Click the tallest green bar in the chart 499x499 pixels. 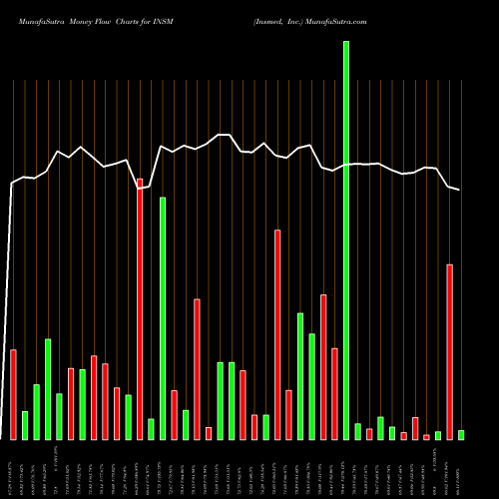pyautogui.click(x=346, y=240)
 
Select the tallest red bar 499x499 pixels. pyautogui.click(x=140, y=308)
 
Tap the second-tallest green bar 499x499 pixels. pyautogui.click(x=163, y=317)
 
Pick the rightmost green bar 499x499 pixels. pyautogui.click(x=461, y=434)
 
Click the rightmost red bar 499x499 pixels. pyautogui.click(x=450, y=351)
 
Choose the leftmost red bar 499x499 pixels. pyautogui.click(x=13, y=394)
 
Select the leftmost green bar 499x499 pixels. pyautogui.click(x=25, y=425)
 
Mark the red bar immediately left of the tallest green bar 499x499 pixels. pyautogui.click(x=334, y=393)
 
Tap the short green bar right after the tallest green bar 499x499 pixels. pyautogui.click(x=357, y=431)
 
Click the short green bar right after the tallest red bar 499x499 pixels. pyautogui.click(x=151, y=429)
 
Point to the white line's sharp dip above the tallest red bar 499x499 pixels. pyautogui.click(x=140, y=188)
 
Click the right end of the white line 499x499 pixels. pyautogui.click(x=460, y=190)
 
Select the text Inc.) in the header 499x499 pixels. pyautogui.click(x=277, y=21)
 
